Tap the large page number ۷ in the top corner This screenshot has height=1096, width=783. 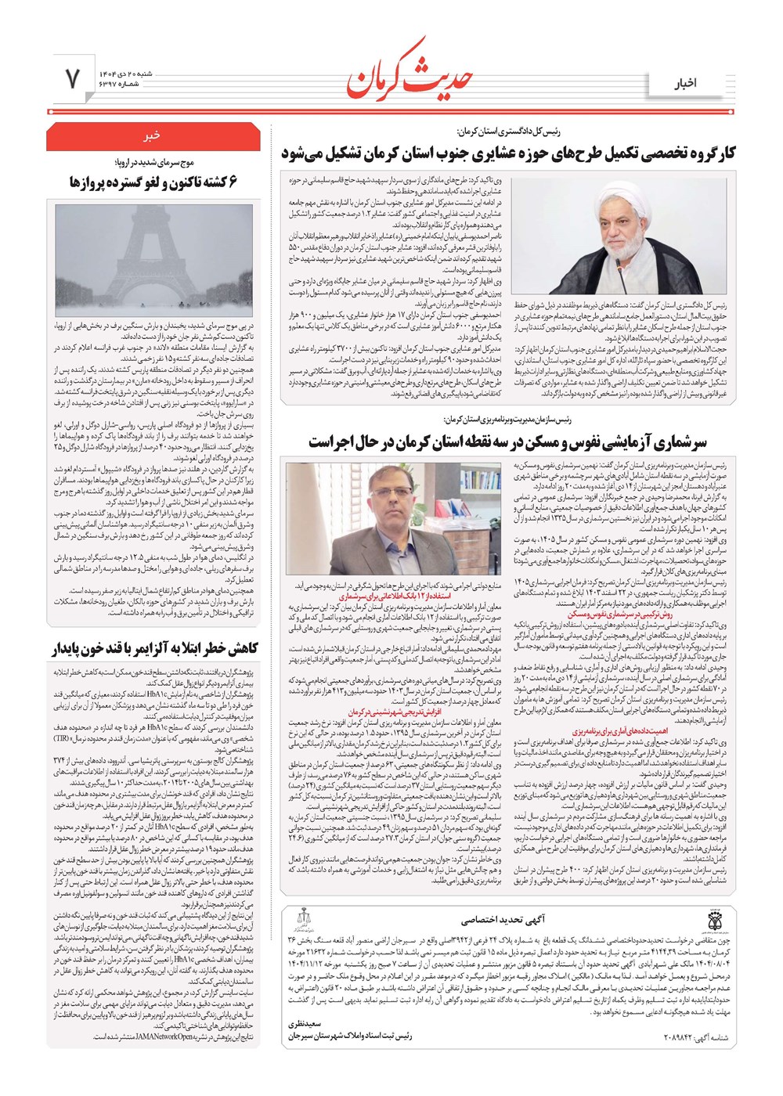[71, 79]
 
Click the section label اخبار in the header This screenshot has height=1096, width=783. [685, 83]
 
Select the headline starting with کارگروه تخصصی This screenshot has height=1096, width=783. [509, 153]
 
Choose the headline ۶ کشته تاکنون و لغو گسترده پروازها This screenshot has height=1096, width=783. [153, 182]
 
